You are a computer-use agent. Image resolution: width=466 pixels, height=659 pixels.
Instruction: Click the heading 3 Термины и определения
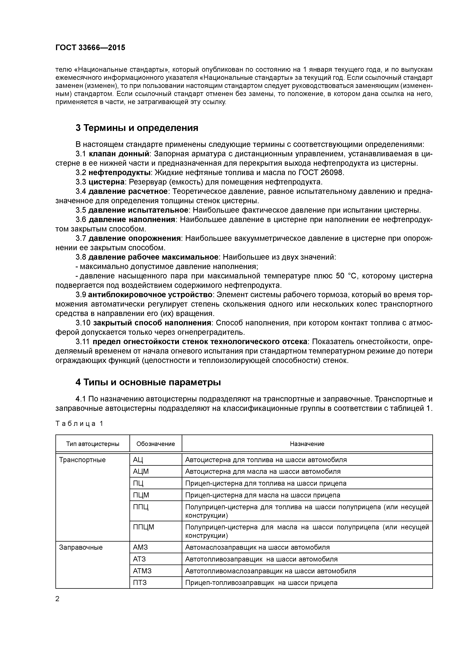(x=137, y=128)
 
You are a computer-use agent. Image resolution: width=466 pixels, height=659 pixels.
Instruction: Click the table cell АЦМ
(x=141, y=471)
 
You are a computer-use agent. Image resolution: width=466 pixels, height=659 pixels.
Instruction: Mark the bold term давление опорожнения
(x=134, y=238)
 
